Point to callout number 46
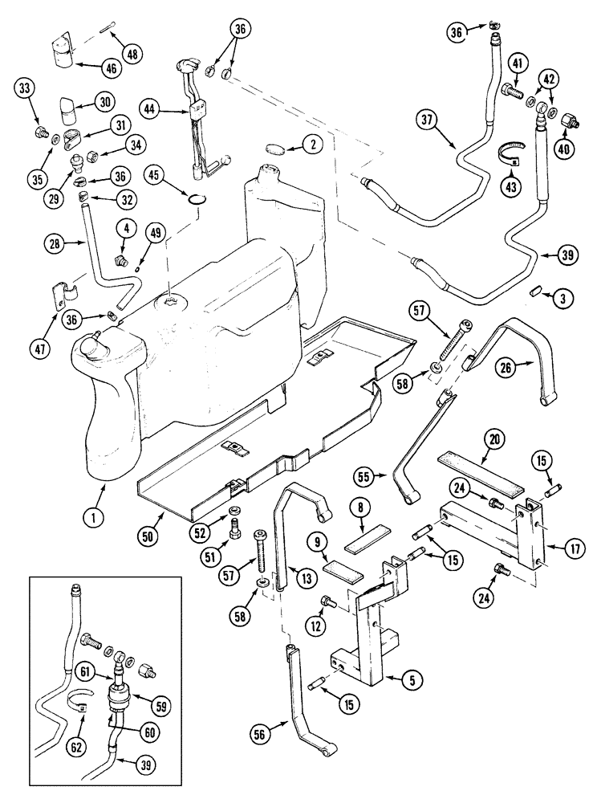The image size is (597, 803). (x=111, y=68)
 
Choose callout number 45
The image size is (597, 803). (x=156, y=173)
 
